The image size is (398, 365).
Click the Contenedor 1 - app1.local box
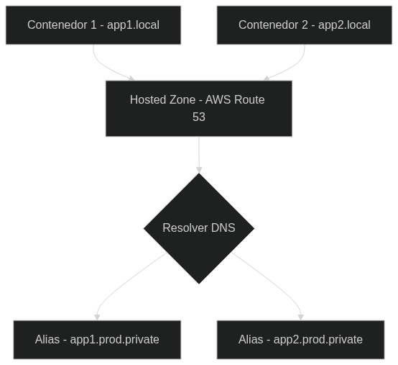[93, 25]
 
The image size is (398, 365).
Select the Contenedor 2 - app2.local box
[305, 25]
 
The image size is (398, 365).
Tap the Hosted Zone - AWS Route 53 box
[199, 109]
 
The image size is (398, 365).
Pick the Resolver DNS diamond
[199, 228]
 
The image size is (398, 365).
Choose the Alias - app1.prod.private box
[97, 340]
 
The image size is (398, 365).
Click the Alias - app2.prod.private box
[300, 340]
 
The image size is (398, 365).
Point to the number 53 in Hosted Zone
[199, 117]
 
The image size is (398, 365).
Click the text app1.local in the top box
[133, 25]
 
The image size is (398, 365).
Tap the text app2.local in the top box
[344, 25]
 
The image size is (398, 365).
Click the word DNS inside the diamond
[223, 228]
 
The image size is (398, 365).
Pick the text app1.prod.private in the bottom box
[114, 340]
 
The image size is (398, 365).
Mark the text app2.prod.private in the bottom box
[318, 340]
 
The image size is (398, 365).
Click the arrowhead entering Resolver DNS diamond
[199, 170]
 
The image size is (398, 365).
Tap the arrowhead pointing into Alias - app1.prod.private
[97, 317]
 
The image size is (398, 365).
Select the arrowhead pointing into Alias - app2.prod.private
[301, 317]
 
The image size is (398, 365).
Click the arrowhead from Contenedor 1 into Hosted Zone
[131, 78]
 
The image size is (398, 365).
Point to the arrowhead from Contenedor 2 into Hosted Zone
[266, 78]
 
